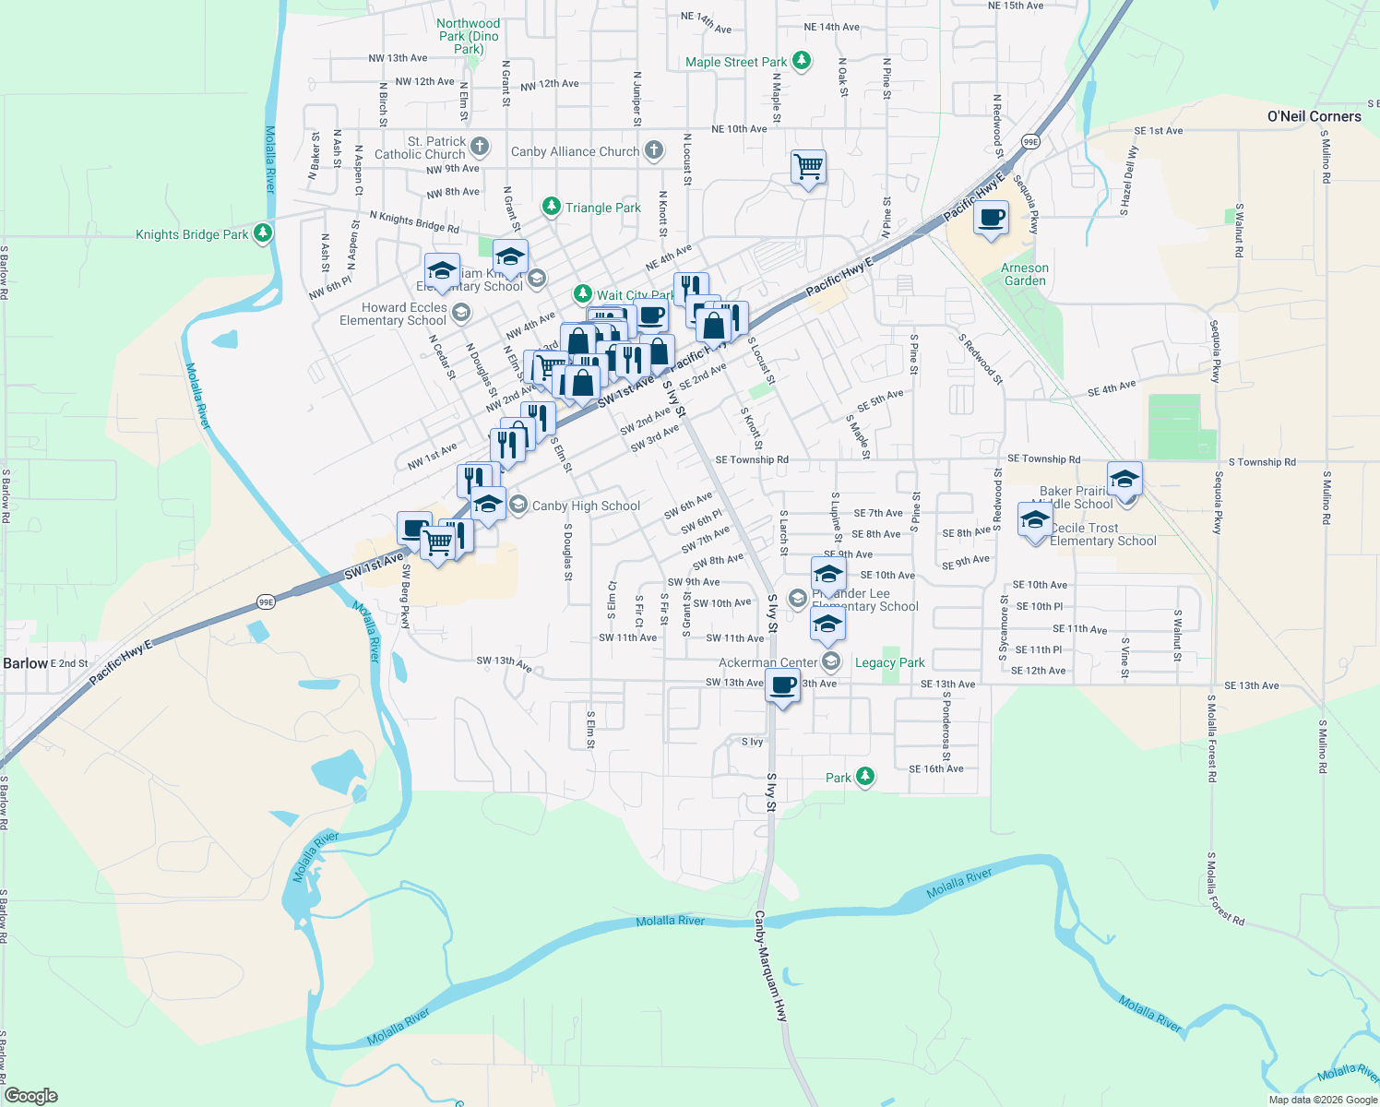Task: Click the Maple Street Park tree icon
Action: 802,62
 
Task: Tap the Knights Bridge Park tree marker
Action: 263,233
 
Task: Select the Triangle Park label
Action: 602,208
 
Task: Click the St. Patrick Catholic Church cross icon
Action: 480,147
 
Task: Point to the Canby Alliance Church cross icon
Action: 653,150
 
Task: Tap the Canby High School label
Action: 586,506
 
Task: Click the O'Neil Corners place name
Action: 1314,116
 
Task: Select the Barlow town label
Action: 25,663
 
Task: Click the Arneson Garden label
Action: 1025,274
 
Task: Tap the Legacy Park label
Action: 889,662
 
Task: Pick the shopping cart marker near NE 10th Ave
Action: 808,167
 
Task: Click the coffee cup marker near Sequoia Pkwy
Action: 991,219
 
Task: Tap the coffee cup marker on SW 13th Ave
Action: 782,685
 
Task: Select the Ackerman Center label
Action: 767,662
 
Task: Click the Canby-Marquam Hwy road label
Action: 771,965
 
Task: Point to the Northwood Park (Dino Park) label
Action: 469,36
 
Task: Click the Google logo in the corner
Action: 31,1095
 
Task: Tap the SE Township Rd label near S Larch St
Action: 752,459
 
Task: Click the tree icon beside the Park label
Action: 864,777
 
